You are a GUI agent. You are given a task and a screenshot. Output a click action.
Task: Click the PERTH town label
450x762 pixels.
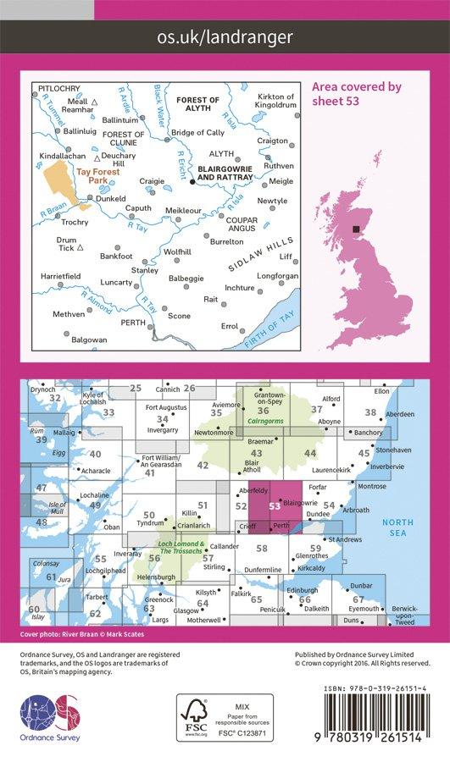pos(134,323)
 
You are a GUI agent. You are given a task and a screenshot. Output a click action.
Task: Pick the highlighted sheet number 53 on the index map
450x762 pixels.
pos(273,506)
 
